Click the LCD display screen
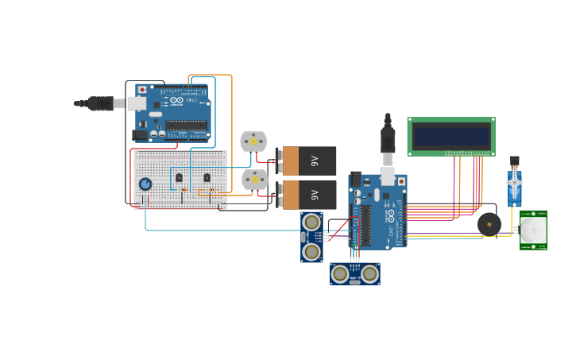[x=450, y=136]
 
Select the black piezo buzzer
[x=489, y=223]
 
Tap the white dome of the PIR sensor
[x=533, y=230]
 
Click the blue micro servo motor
[x=515, y=188]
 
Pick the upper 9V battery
[x=307, y=161]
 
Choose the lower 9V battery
[x=307, y=195]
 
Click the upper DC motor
[x=253, y=141]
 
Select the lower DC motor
[x=254, y=180]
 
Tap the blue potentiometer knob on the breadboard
[x=145, y=184]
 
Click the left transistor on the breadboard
[x=179, y=177]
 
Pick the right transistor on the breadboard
[x=207, y=177]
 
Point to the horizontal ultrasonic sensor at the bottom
[x=355, y=274]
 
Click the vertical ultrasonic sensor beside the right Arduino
[x=311, y=237]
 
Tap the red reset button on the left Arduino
[x=143, y=90]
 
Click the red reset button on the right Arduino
[x=400, y=181]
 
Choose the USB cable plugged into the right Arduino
[x=388, y=143]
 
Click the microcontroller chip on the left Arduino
[x=187, y=124]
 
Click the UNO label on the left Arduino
[x=191, y=101]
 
